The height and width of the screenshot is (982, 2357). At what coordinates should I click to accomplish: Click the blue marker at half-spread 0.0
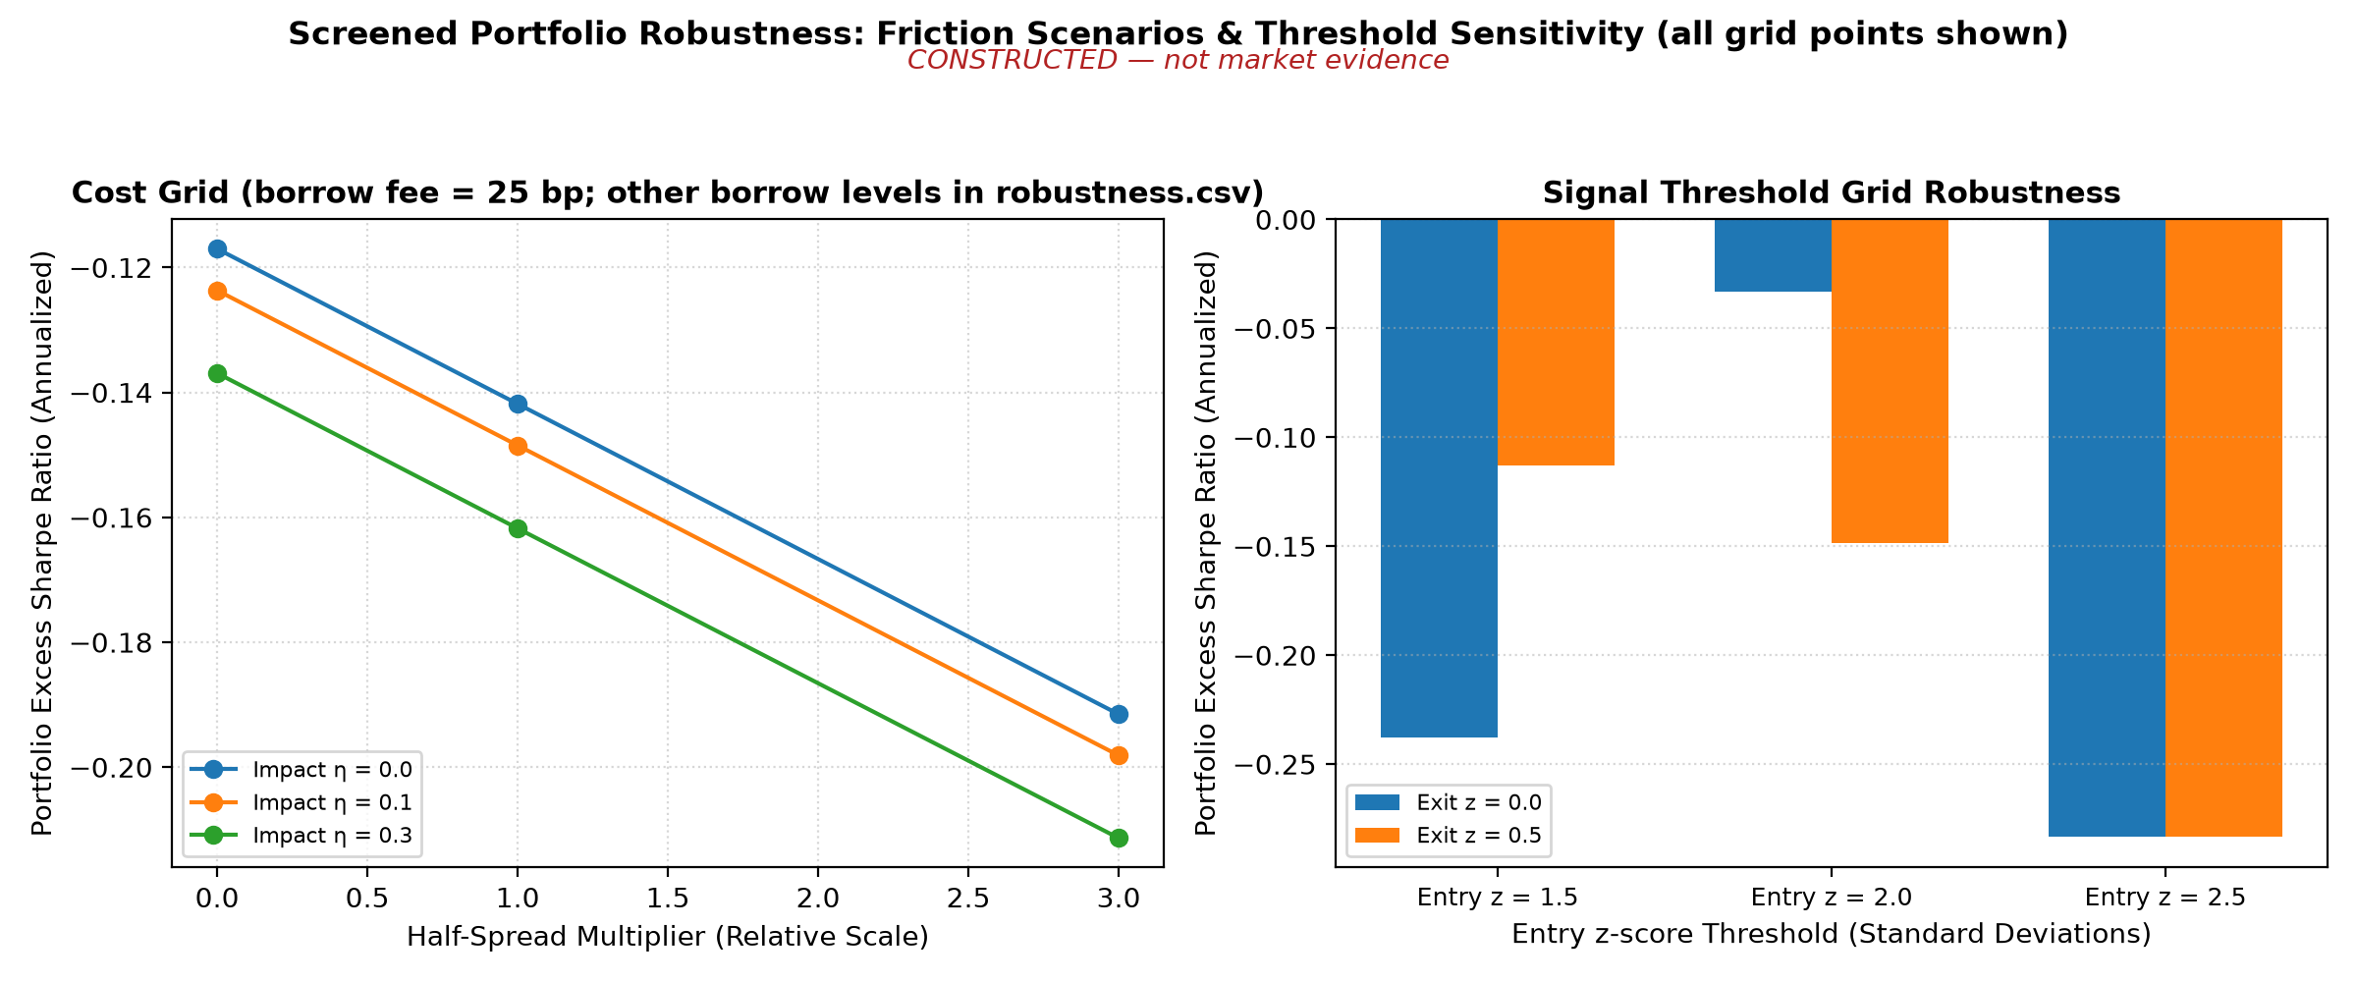(217, 248)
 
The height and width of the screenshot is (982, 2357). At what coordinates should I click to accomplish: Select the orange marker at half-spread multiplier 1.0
(518, 446)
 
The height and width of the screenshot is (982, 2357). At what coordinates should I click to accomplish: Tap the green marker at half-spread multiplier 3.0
(1119, 838)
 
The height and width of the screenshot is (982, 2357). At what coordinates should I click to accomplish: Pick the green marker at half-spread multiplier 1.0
(518, 528)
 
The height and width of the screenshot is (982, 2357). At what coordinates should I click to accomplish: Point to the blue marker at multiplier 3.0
(1119, 714)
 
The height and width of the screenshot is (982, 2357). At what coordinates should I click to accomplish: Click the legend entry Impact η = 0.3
(301, 836)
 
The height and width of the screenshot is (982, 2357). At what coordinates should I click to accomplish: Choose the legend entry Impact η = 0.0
(301, 769)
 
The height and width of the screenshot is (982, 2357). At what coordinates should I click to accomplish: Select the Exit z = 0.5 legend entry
(1449, 836)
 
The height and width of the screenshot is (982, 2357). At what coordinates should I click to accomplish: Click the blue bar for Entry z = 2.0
(1773, 255)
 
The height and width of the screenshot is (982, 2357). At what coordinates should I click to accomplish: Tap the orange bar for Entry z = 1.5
(1556, 342)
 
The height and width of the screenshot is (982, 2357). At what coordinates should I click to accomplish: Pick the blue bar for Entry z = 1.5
(1439, 478)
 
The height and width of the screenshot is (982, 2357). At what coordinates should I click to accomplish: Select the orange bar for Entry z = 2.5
(2223, 527)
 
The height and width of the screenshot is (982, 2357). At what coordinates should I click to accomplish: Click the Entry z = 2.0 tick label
(1832, 898)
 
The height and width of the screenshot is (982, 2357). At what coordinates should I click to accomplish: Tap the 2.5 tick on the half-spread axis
(967, 898)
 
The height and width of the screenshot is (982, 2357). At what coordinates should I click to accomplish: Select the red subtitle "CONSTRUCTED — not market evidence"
(1178, 60)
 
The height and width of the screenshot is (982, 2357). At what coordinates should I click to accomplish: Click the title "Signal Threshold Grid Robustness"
(1832, 192)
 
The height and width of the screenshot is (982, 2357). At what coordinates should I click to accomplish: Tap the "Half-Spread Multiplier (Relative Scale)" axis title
(668, 937)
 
